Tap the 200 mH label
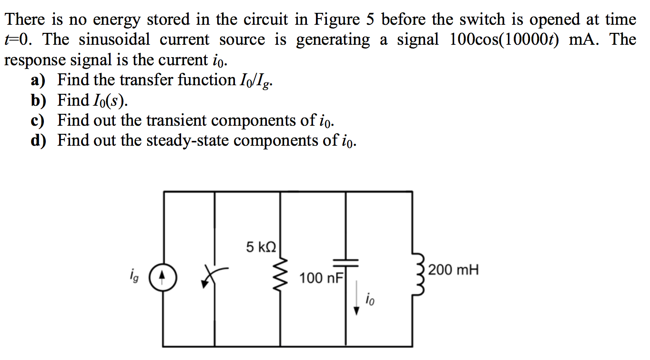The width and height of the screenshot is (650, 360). pos(453,270)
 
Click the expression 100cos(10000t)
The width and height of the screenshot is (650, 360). pos(506,40)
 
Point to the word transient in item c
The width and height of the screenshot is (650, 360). pos(176,120)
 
